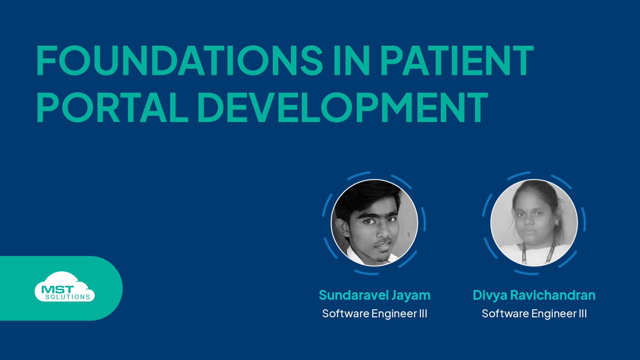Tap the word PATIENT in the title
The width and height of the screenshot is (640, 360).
coord(457,61)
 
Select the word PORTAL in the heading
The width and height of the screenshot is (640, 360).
coord(112,107)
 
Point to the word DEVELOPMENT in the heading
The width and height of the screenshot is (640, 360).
coord(343,107)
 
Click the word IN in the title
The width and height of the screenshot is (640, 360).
coord(351,61)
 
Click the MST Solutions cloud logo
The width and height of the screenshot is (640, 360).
coord(64,287)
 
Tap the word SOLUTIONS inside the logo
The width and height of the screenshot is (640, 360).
coord(68,297)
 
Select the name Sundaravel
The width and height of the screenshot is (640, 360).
coord(353,295)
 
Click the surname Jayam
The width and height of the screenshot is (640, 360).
coord(411,295)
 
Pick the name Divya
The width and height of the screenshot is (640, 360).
coord(490,295)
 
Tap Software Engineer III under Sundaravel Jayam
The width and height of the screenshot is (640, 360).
coord(374,314)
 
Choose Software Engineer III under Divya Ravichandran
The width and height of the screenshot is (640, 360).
coord(534,314)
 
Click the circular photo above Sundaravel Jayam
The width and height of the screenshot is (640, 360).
coord(374,223)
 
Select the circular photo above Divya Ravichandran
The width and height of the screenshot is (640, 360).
coord(534,223)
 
